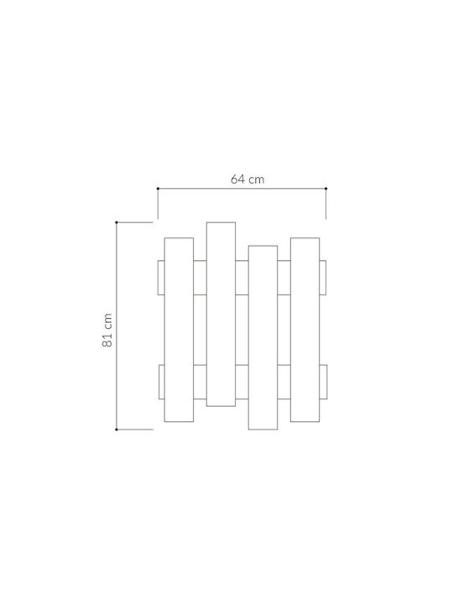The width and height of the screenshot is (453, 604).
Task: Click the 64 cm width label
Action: pos(247,180)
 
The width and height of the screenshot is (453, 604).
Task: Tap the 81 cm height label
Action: pos(107,331)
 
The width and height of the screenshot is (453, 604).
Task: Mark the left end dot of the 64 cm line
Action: pos(158,189)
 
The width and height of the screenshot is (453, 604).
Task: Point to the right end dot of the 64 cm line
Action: pos(325,189)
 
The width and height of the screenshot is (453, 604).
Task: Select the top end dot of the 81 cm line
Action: pos(117,222)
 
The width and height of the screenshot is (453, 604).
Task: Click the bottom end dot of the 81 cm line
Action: pos(117,430)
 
